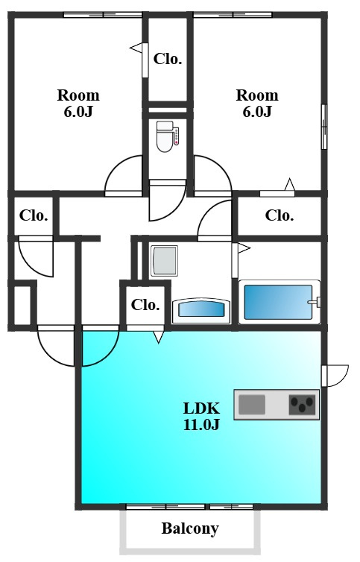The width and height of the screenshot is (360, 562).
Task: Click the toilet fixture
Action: (x=165, y=136)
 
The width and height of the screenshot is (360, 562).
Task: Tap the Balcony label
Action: (x=190, y=528)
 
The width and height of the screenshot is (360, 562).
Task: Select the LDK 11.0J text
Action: (x=201, y=416)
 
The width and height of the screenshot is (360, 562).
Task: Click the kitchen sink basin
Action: (x=252, y=404)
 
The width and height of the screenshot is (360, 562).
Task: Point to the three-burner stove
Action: (x=303, y=405)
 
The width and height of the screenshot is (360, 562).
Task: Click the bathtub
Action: (x=279, y=302)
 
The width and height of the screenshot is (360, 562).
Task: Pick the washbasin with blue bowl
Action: (x=201, y=309)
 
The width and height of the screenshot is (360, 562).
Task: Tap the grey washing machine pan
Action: (x=164, y=261)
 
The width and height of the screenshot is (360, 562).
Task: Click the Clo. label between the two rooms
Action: (x=168, y=59)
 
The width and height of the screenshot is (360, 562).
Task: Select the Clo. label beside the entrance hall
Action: (x=34, y=215)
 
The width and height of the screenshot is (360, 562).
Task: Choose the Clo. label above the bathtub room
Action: (x=280, y=215)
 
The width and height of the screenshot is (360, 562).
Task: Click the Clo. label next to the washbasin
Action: (x=145, y=305)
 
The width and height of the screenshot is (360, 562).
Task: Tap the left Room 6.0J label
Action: (x=78, y=103)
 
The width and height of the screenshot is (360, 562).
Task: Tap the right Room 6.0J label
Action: (x=257, y=103)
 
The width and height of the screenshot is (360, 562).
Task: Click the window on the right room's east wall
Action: (x=323, y=127)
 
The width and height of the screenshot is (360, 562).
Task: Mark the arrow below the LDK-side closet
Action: (x=159, y=337)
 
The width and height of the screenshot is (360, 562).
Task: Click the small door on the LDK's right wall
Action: (x=335, y=376)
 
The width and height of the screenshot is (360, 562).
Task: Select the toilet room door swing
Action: (x=167, y=201)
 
